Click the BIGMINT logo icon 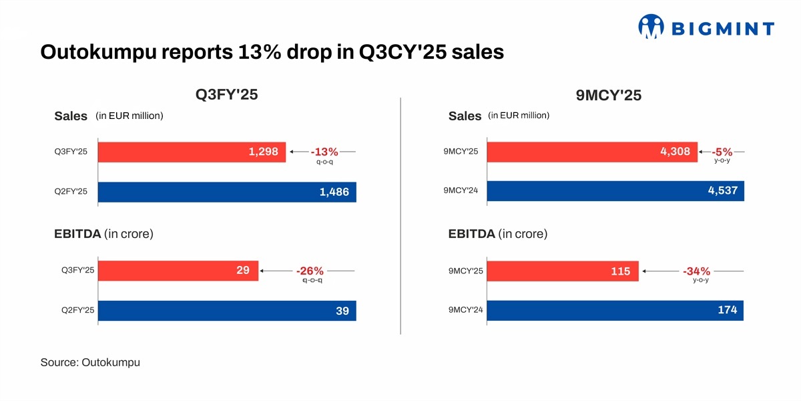651,27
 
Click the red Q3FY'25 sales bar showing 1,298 192,152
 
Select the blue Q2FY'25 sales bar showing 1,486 228,192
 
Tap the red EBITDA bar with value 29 178,271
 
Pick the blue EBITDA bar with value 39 228,311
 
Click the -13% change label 324,152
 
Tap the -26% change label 310,271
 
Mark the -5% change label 722,152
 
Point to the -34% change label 696,271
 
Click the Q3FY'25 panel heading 226,95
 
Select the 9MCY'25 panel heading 608,96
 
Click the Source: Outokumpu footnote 90,362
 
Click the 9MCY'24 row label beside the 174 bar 466,311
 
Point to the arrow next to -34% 661,271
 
